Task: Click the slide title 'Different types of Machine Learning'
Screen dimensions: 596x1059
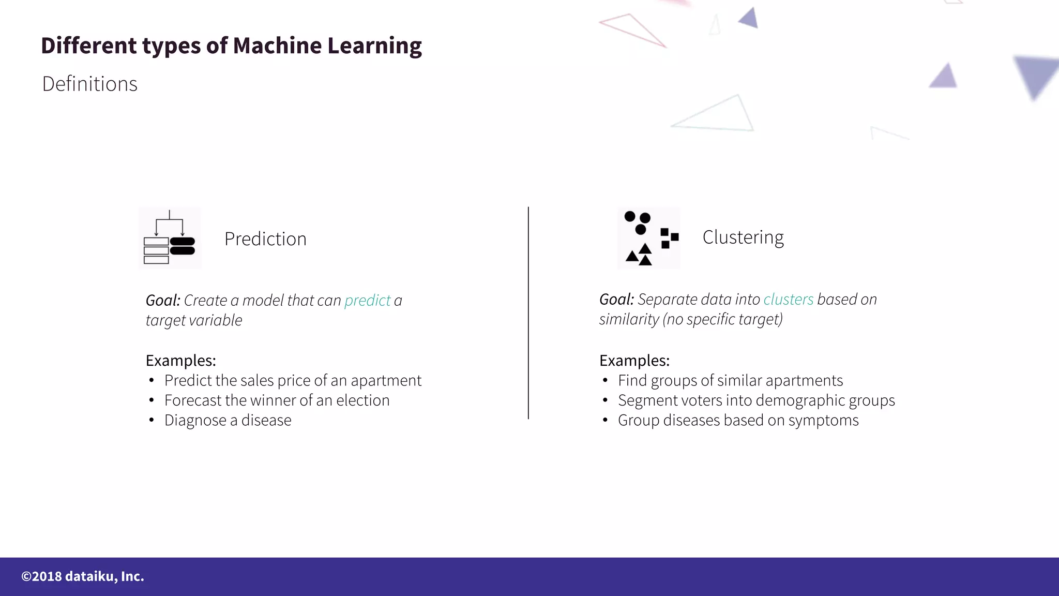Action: click(x=231, y=46)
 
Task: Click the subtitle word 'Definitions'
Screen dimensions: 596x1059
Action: click(x=89, y=84)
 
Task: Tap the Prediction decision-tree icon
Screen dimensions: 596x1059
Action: click(x=170, y=238)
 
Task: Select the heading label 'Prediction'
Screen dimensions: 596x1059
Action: click(x=265, y=239)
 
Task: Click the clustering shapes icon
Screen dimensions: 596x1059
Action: click(x=649, y=238)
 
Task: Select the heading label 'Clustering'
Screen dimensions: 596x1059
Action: click(x=743, y=237)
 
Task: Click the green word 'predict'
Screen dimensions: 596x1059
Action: click(x=367, y=301)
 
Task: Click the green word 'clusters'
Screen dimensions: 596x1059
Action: click(x=788, y=300)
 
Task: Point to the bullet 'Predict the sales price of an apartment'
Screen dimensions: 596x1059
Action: click(x=293, y=381)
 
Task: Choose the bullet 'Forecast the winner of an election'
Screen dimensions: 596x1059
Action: click(x=277, y=400)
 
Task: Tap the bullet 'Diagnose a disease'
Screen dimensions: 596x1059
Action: click(x=228, y=421)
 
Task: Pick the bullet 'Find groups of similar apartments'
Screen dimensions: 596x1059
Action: click(x=730, y=381)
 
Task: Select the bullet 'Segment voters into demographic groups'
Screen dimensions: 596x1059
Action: click(x=756, y=400)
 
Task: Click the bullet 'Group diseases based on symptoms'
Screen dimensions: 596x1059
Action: click(x=738, y=421)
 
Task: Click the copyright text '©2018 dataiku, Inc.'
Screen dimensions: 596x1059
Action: click(x=83, y=576)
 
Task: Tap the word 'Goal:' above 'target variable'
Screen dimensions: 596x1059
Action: click(x=163, y=301)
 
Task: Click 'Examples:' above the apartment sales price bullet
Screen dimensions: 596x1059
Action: click(x=180, y=361)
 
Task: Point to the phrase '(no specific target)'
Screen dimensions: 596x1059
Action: click(x=722, y=320)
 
